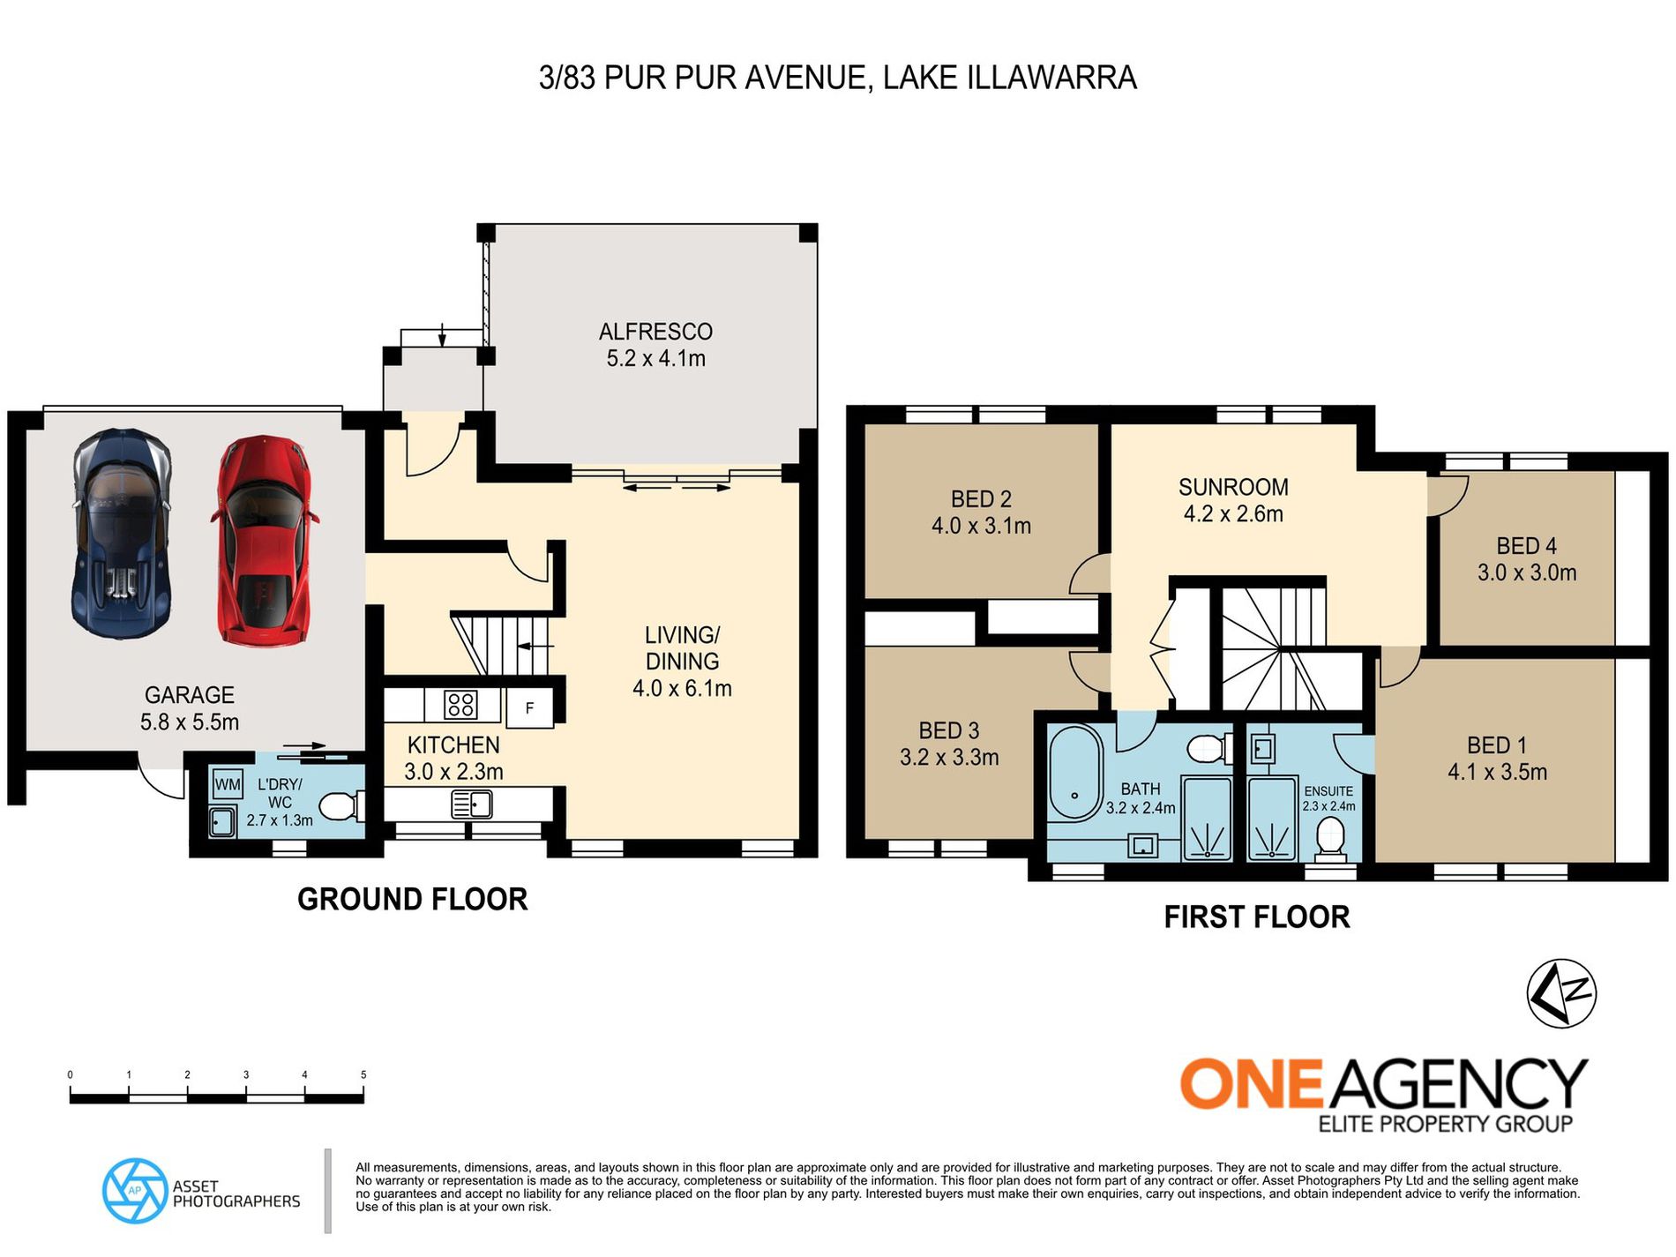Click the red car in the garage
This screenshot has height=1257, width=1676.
point(263,540)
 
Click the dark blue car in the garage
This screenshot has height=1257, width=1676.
point(121,533)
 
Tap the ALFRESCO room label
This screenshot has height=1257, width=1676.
point(655,332)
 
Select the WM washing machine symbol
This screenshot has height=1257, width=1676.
point(228,783)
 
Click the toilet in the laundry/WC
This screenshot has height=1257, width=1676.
point(340,806)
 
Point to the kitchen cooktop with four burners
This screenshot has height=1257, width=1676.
point(461,705)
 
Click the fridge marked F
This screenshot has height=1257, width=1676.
point(529,708)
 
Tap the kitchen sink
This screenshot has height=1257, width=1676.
point(471,804)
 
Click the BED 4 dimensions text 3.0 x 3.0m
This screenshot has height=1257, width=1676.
point(1527,572)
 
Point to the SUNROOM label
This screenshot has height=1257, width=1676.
point(1233,487)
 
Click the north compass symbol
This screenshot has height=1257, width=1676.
point(1561,993)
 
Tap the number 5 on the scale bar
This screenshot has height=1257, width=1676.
point(363,1074)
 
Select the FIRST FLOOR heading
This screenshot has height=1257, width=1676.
point(1257,917)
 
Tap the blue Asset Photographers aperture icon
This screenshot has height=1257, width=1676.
point(135,1191)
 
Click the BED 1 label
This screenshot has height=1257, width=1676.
point(1496,745)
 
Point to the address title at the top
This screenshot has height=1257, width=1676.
point(838,78)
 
